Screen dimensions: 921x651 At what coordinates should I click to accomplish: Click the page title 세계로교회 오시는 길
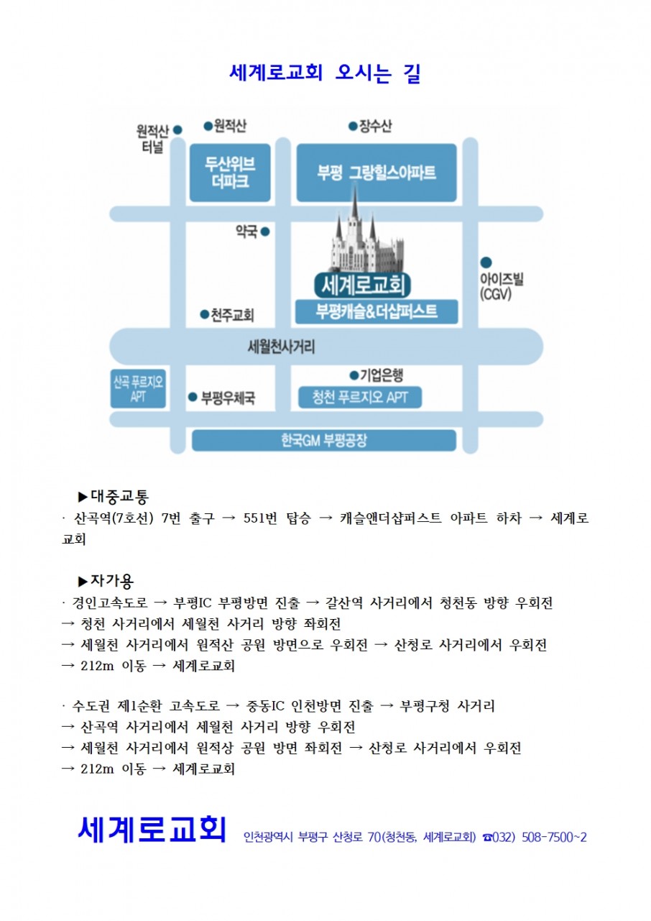pyautogui.click(x=325, y=73)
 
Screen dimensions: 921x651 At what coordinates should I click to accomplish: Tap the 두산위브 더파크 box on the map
pyautogui.click(x=231, y=173)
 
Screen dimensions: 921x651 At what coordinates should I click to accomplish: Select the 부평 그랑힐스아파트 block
pyautogui.click(x=377, y=173)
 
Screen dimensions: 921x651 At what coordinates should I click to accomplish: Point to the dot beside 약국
pyautogui.click(x=264, y=232)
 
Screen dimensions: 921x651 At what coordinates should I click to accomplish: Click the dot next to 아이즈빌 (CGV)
pyautogui.click(x=486, y=262)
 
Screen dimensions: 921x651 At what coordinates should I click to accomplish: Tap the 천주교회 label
pyautogui.click(x=231, y=315)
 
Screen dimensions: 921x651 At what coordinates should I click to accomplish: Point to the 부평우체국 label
pyautogui.click(x=227, y=397)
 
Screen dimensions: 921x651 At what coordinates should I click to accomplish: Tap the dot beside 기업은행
pyautogui.click(x=354, y=375)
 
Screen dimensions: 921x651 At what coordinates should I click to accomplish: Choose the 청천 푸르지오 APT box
pyautogui.click(x=360, y=397)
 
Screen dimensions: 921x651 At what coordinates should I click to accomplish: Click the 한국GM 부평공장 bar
pyautogui.click(x=324, y=440)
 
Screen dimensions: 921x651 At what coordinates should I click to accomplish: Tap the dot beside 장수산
pyautogui.click(x=353, y=127)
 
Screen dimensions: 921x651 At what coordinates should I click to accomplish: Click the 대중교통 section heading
pyautogui.click(x=118, y=496)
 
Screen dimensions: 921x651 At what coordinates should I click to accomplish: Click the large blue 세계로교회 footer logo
pyautogui.click(x=152, y=828)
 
